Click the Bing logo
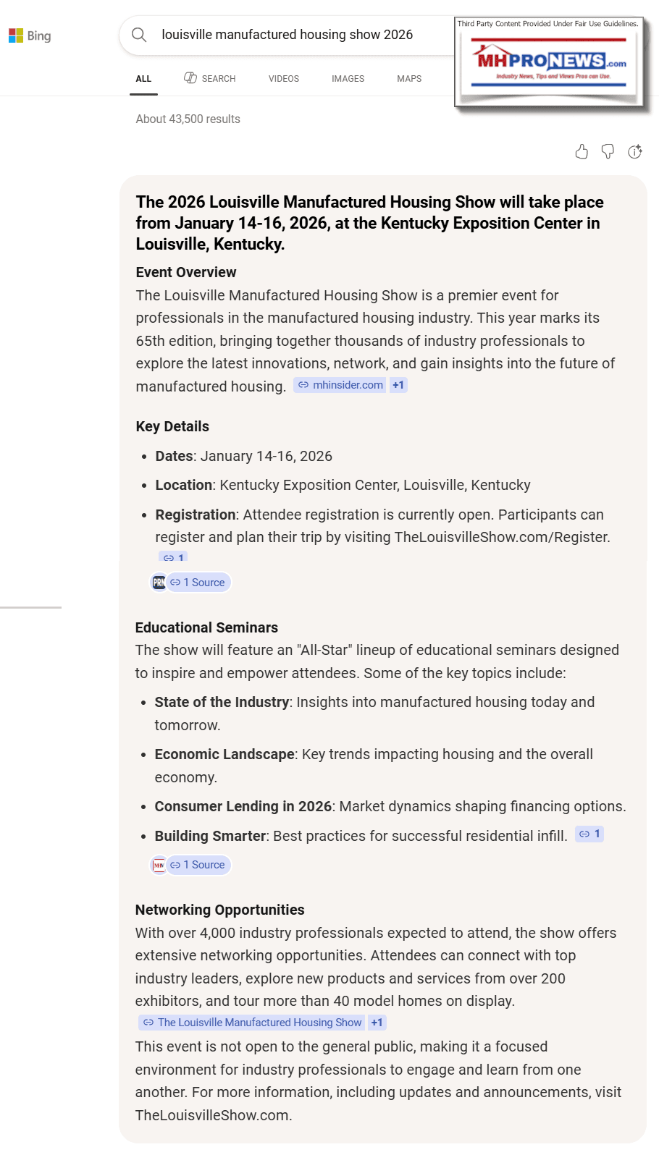pyautogui.click(x=30, y=35)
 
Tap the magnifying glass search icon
pyautogui.click(x=139, y=35)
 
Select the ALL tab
pyautogui.click(x=143, y=78)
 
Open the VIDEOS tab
pyautogui.click(x=283, y=78)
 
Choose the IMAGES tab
pyautogui.click(x=348, y=78)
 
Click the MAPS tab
pyautogui.click(x=409, y=78)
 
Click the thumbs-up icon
pyautogui.click(x=582, y=151)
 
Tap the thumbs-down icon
pyautogui.click(x=608, y=151)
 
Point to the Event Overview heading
pyautogui.click(x=186, y=272)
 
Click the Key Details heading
pyautogui.click(x=172, y=426)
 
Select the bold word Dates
pyautogui.click(x=174, y=456)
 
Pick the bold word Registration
pyautogui.click(x=196, y=515)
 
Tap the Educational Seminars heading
pyautogui.click(x=206, y=627)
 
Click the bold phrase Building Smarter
pyautogui.click(x=210, y=836)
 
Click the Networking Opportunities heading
pyautogui.click(x=219, y=910)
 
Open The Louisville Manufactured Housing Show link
pyautogui.click(x=253, y=1023)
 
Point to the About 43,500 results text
pyautogui.click(x=188, y=119)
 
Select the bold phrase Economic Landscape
pyautogui.click(x=224, y=754)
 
